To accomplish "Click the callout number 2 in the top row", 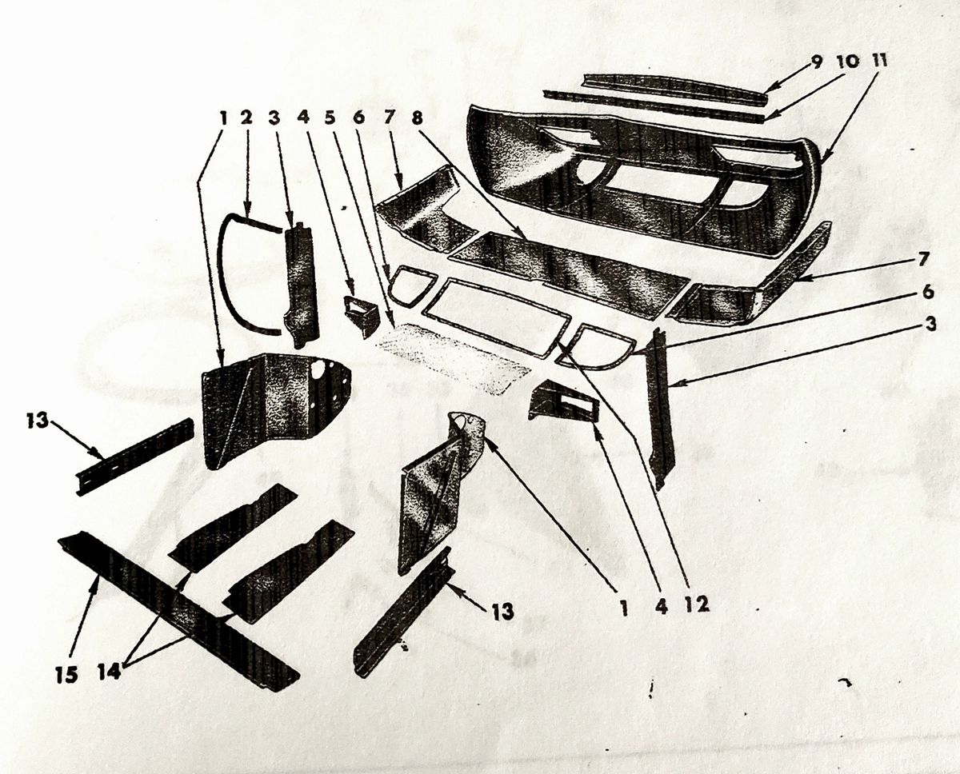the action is pos(246,118).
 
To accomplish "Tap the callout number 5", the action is pos(330,118).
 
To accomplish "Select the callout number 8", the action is pos(418,118).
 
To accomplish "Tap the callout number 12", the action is pos(696,605).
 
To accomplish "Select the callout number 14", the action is pos(109,672).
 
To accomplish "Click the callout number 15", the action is pos(67,675).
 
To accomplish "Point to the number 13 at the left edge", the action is pos(37,421).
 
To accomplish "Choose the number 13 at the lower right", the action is pos(502,611).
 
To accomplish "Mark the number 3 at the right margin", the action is pos(930,325).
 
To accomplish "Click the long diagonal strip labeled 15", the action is pos(178,612).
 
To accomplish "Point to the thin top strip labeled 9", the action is pos(674,88).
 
